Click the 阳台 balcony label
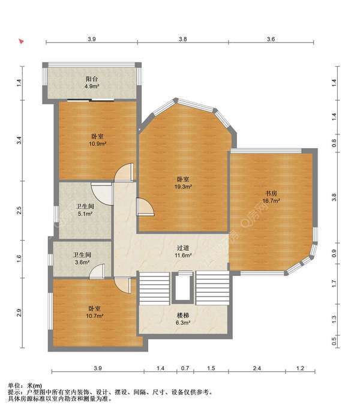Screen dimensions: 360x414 click(x=92, y=79)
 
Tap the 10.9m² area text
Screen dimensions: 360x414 click(x=97, y=144)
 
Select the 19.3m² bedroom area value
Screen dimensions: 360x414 click(x=183, y=187)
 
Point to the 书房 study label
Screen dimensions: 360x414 click(x=271, y=193)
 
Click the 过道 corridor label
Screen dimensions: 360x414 click(x=183, y=248)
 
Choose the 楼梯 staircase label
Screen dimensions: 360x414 click(x=183, y=315)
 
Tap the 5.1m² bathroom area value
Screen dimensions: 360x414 click(x=85, y=214)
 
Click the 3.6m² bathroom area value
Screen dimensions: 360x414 click(x=82, y=262)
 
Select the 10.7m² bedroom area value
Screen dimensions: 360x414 click(x=95, y=316)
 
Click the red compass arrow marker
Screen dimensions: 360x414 click(x=22, y=41)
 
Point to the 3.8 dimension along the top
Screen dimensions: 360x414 click(x=182, y=39)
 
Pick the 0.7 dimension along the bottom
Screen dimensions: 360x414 click(x=185, y=368)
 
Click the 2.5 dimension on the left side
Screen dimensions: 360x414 click(x=19, y=211)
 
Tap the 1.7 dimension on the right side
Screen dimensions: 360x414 click(x=334, y=284)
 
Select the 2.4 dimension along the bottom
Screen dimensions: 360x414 click(x=257, y=368)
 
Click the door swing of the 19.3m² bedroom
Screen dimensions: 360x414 click(x=145, y=207)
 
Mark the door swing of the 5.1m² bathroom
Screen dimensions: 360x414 click(x=102, y=194)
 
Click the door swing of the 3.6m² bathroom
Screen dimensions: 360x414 click(x=97, y=271)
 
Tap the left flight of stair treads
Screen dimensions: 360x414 click(x=154, y=289)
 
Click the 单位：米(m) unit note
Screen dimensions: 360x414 click(x=25, y=386)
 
